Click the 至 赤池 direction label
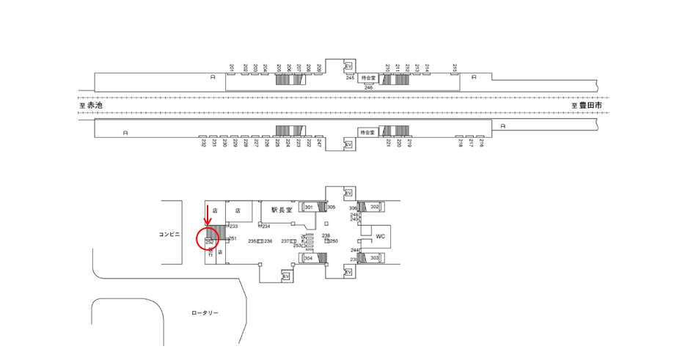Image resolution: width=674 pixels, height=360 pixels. (91, 106)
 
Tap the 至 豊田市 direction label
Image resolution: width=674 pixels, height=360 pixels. (587, 106)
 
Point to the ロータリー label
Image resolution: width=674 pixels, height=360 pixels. (205, 313)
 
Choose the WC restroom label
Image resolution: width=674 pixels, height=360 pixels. (380, 237)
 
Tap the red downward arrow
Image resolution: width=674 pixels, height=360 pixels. (207, 216)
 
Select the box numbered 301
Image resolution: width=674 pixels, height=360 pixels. (309, 207)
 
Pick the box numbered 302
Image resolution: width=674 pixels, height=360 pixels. (374, 207)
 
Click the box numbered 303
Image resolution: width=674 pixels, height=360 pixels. (374, 258)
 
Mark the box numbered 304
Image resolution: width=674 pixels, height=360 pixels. (309, 258)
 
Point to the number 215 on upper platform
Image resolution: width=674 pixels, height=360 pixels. (455, 68)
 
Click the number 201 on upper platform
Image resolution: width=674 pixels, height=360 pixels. (232, 68)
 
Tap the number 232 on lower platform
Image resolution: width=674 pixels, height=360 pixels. (203, 144)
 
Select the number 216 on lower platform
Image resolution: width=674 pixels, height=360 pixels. (481, 144)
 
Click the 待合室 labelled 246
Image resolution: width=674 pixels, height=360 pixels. (367, 78)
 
